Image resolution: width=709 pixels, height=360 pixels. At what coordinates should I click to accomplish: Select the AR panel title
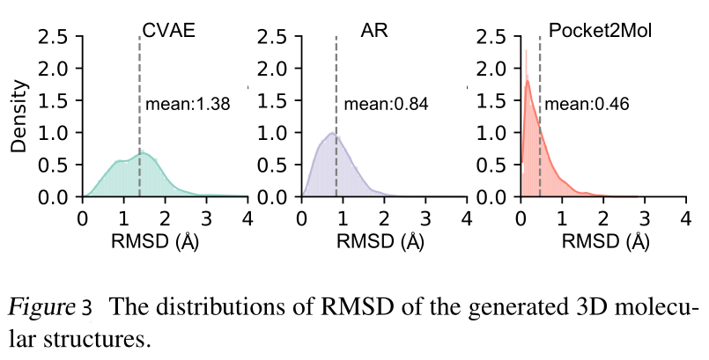pos(373,28)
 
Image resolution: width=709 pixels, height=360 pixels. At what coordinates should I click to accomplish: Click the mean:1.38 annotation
pos(187,104)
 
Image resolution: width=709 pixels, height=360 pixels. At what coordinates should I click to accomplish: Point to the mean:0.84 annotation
pos(385,105)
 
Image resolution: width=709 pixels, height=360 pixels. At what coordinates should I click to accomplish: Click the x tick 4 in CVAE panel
pos(247,218)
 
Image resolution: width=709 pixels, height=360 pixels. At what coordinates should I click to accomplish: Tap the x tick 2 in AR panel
pos(384,218)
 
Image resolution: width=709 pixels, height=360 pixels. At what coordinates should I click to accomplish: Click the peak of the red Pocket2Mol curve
pos(527,81)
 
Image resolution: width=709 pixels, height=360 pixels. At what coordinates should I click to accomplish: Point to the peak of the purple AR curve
pos(332,133)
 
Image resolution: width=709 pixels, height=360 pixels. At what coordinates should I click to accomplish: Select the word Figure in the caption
pos(42,308)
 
